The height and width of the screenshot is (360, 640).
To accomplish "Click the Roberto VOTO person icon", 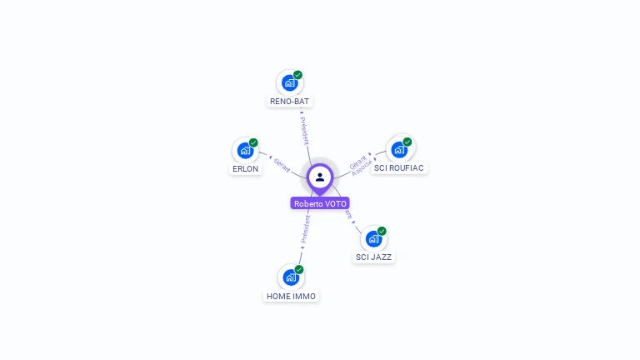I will [320, 177].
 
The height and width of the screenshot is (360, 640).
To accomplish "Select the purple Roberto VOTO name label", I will [320, 203].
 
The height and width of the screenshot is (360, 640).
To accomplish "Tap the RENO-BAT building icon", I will [289, 83].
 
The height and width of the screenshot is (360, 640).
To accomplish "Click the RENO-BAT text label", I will [290, 102].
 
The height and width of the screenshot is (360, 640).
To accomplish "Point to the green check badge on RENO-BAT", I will [297, 75].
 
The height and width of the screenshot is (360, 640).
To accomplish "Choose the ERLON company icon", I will [245, 151].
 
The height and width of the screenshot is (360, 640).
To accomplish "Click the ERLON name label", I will [245, 168].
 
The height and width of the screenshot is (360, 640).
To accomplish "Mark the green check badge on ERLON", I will [253, 142].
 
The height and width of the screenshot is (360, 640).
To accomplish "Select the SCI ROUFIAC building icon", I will [399, 150].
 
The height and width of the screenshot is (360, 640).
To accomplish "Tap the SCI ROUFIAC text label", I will [399, 167].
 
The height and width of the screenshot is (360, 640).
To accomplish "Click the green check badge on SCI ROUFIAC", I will [407, 142].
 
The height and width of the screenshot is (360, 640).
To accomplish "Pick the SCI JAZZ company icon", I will [373, 239].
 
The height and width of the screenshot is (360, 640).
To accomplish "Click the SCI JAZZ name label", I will [374, 257].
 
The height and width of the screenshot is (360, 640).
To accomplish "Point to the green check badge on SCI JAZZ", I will [382, 231].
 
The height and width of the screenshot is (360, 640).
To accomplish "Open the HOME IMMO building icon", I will [291, 277].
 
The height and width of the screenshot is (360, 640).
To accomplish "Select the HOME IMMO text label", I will [292, 296].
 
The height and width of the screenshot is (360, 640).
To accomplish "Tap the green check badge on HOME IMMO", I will [299, 269].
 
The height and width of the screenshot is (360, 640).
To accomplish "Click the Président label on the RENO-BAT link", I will [304, 129].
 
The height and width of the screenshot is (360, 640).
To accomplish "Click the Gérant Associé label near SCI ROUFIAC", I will [361, 162].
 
